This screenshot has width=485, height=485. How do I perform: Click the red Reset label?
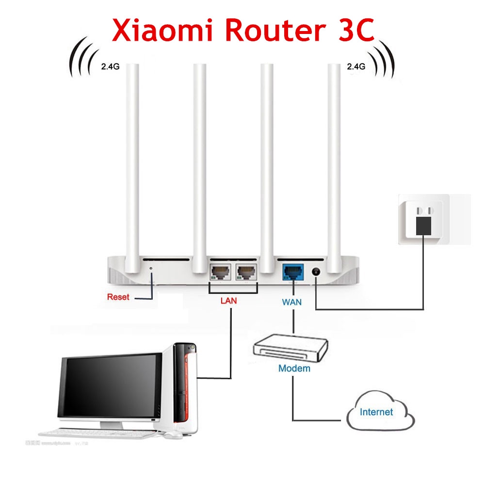tap(118, 297)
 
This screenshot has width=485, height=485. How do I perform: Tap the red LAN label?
tap(228, 301)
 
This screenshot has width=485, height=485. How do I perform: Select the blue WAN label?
tap(291, 302)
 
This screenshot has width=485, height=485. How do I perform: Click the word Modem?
tap(294, 368)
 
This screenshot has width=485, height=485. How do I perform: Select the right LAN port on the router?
tap(245, 272)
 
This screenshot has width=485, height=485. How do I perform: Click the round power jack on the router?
tap(316, 273)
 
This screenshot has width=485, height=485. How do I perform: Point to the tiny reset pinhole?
tap(151, 268)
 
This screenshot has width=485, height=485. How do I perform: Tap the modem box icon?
tap(291, 347)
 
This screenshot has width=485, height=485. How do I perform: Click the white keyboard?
tap(97, 433)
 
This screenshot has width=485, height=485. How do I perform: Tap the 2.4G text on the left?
tap(110, 67)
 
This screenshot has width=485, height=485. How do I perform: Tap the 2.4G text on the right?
tap(356, 67)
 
